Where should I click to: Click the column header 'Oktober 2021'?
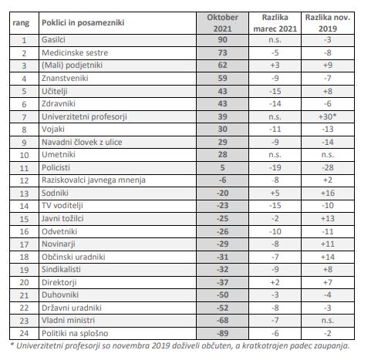(x=222, y=23)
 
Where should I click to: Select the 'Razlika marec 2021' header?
(x=275, y=23)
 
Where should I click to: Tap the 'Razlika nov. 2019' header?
(x=328, y=23)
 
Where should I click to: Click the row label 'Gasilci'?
(x=53, y=40)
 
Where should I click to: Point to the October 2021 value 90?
(x=222, y=40)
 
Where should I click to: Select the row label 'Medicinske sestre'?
(x=75, y=52)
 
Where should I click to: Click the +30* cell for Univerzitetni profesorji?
(x=327, y=116)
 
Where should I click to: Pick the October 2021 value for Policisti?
(x=222, y=167)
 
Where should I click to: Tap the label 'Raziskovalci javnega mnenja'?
(x=93, y=180)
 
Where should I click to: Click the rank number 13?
(x=24, y=193)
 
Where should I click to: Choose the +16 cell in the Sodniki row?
(x=328, y=193)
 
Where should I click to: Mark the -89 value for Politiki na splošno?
(x=222, y=333)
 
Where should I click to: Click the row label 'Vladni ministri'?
(x=69, y=321)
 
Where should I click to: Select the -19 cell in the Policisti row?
(x=275, y=167)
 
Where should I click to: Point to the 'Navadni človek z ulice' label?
(x=82, y=142)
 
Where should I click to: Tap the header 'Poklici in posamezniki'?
(x=83, y=22)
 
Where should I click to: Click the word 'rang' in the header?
(x=21, y=23)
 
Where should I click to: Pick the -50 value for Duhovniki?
(x=222, y=294)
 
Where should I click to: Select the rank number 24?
(x=24, y=333)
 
